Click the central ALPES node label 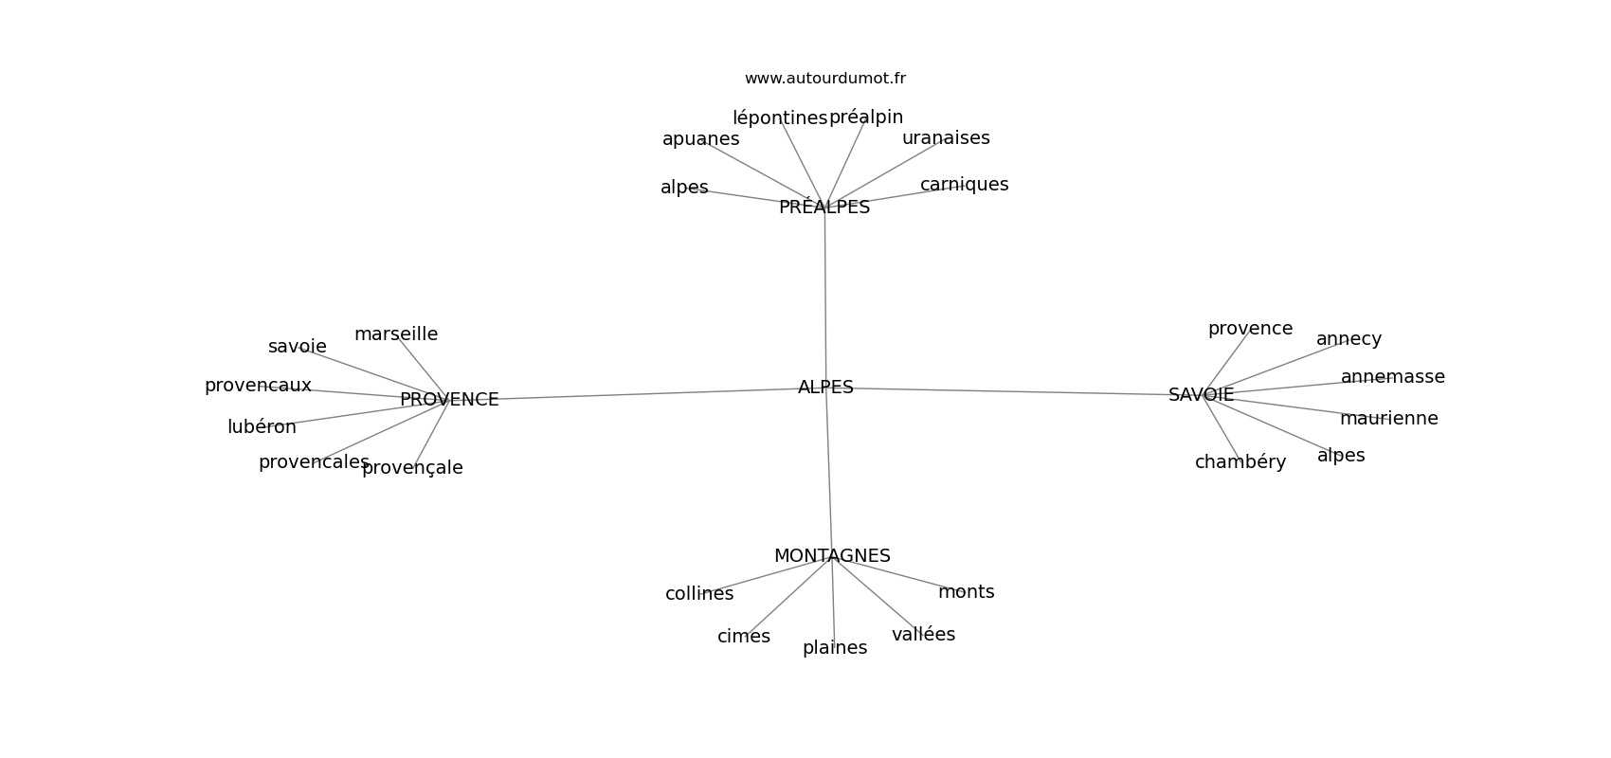[825, 388]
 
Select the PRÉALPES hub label [824, 208]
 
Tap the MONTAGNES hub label [832, 556]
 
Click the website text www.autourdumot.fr [824, 79]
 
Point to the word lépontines [779, 118]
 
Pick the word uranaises [946, 138]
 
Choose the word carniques [964, 185]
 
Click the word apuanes [700, 139]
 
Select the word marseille [396, 334]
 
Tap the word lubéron [262, 427]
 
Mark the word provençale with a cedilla [412, 468]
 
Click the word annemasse [1392, 377]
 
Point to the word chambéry [1240, 462]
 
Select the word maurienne [1388, 419]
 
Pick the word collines [699, 594]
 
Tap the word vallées [923, 635]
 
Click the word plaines [834, 648]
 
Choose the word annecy [1349, 339]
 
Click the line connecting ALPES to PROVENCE [644, 394]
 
